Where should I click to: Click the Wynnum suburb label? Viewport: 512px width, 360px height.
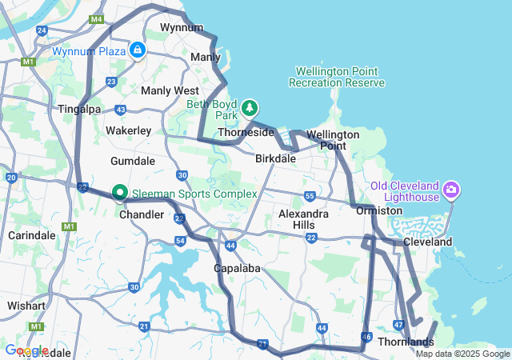[x=182, y=27]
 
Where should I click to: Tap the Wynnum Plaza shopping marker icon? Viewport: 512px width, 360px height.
[x=138, y=50]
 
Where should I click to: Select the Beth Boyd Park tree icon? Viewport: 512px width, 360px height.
[x=250, y=107]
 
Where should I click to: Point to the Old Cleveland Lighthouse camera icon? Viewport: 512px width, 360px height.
[x=451, y=190]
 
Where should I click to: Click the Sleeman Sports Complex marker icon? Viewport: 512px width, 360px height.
[x=120, y=193]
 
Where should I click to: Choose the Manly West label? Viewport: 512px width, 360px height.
[x=170, y=90]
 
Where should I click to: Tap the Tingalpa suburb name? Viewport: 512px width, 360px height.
[x=78, y=108]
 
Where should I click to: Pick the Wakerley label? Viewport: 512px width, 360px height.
[x=129, y=130]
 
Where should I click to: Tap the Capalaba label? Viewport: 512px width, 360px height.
[x=237, y=268]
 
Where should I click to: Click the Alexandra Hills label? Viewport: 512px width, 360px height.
[x=303, y=220]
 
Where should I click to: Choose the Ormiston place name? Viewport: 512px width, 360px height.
[x=379, y=210]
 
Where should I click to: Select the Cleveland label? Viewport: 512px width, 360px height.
[x=427, y=242]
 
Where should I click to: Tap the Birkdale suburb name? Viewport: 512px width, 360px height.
[x=275, y=158]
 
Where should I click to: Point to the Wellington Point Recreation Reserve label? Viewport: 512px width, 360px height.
[x=337, y=77]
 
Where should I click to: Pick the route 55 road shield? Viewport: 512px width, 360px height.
[x=310, y=196]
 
